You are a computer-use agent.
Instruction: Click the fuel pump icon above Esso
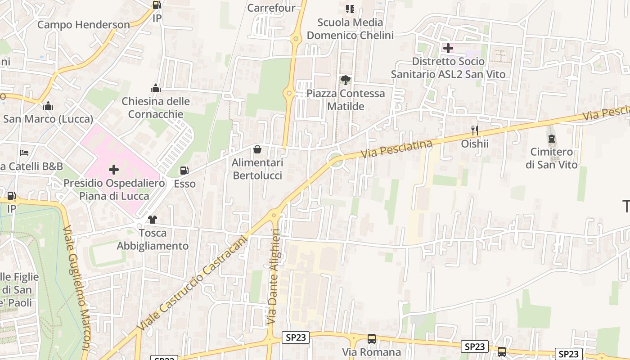pos(184,171)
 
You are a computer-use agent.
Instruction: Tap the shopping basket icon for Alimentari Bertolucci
pos(257,149)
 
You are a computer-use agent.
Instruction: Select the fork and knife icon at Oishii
pos(475,130)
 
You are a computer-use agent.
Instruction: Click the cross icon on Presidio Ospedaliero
pos(114,170)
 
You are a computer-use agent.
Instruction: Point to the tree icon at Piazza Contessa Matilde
pos(345,80)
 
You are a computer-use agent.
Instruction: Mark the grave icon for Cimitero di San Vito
pos(551,139)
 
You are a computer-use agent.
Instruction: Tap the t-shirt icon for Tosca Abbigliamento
pos(153,220)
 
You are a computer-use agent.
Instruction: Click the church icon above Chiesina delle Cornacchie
pos(156,88)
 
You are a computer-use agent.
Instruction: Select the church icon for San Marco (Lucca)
pos(48,106)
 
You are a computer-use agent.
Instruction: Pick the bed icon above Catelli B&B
pos(24,153)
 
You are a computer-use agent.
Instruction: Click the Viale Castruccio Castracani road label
pos(194,283)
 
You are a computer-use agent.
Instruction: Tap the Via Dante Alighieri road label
pos(273,277)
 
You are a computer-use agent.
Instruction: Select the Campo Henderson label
pos(83,25)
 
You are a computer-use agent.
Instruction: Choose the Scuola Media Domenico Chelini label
pos(350,29)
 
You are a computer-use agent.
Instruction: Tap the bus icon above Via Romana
pos(372,339)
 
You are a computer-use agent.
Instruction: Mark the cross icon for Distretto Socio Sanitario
pos(448,48)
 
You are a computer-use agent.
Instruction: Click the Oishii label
pos(475,144)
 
